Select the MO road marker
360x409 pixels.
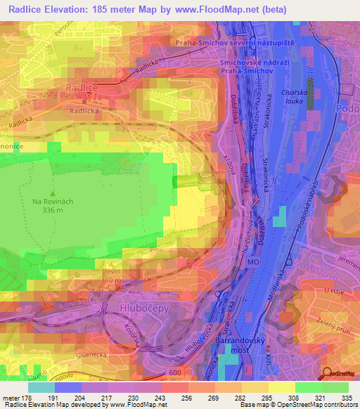click(x=252, y=261)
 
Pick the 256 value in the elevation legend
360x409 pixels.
click(x=172, y=398)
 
